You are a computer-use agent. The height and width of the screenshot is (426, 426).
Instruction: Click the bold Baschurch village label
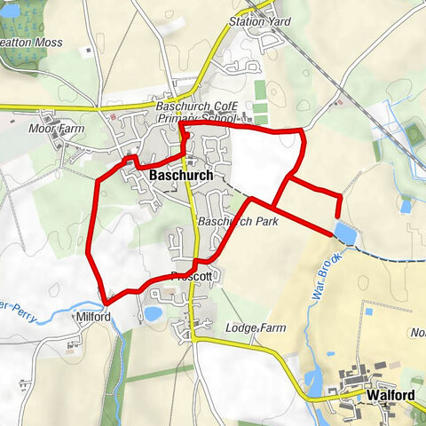[x=181, y=176]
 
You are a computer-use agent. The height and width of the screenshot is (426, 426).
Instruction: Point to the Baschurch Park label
[x=237, y=220]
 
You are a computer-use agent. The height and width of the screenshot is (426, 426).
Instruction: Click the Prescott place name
[x=193, y=277]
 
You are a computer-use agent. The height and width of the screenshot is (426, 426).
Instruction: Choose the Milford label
[x=93, y=317]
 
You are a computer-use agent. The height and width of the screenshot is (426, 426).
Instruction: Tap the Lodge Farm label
[x=256, y=328]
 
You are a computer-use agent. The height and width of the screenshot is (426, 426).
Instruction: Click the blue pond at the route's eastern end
[x=344, y=233]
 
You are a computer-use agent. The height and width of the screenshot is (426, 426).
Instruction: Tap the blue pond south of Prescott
[x=152, y=313]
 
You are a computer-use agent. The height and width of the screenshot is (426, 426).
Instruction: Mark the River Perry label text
[x=22, y=308]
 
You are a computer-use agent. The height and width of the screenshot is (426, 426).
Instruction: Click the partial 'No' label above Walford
[x=418, y=334]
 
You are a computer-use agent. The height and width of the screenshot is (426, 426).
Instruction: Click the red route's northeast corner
[x=301, y=133]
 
